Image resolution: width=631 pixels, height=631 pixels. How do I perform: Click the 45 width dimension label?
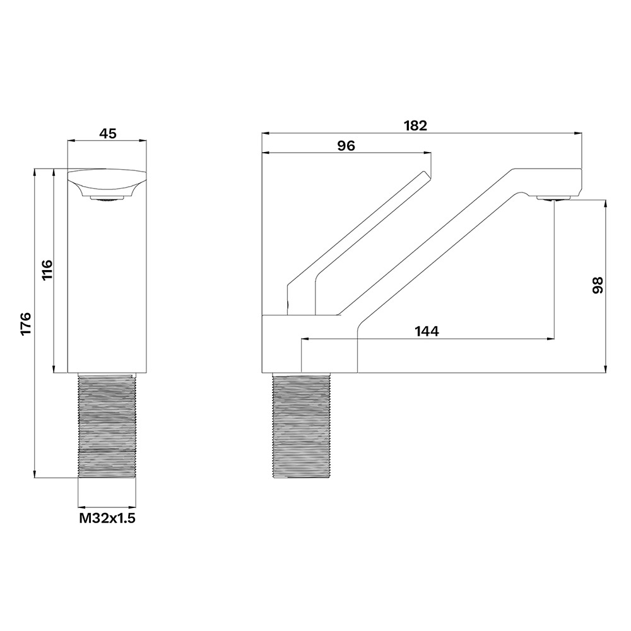[107, 133]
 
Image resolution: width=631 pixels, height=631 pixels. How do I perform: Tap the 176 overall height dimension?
[25, 322]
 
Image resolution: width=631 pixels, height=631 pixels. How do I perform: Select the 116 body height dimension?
[47, 270]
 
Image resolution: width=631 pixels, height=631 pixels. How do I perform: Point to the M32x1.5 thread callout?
[107, 518]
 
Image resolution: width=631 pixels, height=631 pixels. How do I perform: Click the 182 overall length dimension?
[415, 126]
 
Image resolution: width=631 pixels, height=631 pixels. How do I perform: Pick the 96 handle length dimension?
[346, 146]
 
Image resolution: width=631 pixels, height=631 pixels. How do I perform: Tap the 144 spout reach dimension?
[427, 331]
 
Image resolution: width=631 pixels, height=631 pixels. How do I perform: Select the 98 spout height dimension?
[598, 285]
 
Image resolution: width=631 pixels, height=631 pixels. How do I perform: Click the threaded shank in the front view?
[107, 425]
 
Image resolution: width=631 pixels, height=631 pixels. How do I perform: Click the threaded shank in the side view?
[301, 425]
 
